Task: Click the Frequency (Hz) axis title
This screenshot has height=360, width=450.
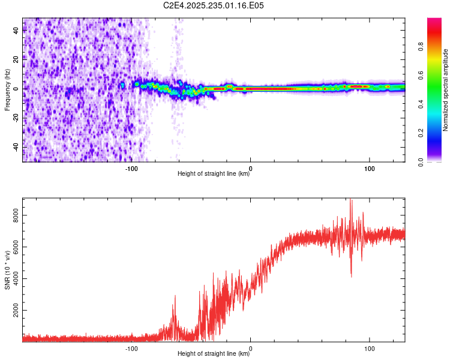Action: coord(7,90)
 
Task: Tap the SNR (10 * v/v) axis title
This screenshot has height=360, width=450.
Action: coord(7,270)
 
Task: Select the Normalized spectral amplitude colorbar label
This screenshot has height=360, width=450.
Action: coord(446,90)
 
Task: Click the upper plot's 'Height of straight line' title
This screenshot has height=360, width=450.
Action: coord(214,174)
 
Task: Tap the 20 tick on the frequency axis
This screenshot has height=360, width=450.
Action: coord(16,60)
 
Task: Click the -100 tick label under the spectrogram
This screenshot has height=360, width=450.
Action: coord(132,169)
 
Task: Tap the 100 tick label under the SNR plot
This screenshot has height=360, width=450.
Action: coord(370,347)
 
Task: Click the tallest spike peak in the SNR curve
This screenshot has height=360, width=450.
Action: coord(351,200)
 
